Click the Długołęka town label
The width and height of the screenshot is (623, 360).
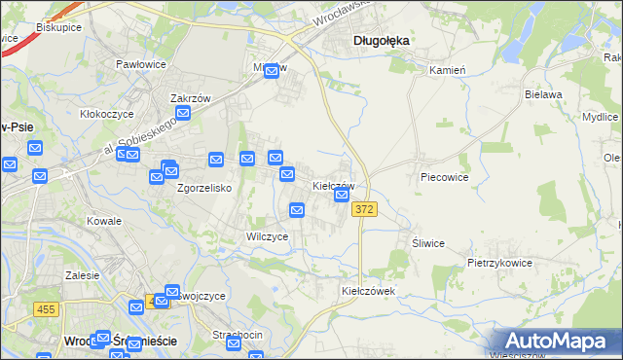tap(381, 41)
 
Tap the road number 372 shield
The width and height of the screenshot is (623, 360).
tap(364, 209)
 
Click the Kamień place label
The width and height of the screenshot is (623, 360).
tap(448, 70)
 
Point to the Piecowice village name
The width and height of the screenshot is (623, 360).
tap(445, 178)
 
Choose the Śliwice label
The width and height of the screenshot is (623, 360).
tap(428, 243)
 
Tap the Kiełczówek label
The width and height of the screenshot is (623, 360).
tap(367, 291)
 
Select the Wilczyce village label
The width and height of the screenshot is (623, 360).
tap(267, 236)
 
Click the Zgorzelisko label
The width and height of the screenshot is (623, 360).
tap(203, 189)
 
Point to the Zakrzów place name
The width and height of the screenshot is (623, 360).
tap(191, 98)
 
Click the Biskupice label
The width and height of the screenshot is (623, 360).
tap(58, 27)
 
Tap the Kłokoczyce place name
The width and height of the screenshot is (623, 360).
tap(107, 114)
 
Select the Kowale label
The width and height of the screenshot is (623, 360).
tap(104, 221)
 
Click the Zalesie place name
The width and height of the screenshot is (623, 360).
tap(83, 275)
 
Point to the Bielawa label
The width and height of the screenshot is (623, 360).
tap(544, 94)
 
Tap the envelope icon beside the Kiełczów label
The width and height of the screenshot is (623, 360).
tap(342, 196)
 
